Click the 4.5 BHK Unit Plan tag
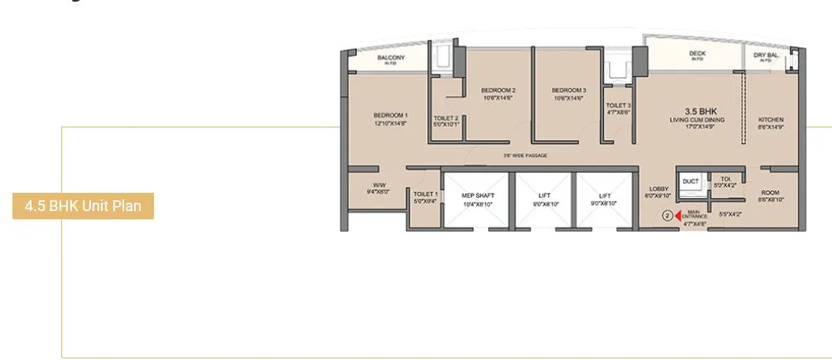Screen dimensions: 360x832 click(x=83, y=206)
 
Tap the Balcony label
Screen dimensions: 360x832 click(x=390, y=59)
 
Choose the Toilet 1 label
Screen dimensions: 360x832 click(x=426, y=196)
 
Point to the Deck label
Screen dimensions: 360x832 click(x=697, y=55)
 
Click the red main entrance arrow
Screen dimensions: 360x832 click(x=680, y=216)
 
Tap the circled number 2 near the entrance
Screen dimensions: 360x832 click(x=667, y=216)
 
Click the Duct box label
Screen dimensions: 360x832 click(x=691, y=180)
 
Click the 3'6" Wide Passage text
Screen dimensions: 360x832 click(x=525, y=156)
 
